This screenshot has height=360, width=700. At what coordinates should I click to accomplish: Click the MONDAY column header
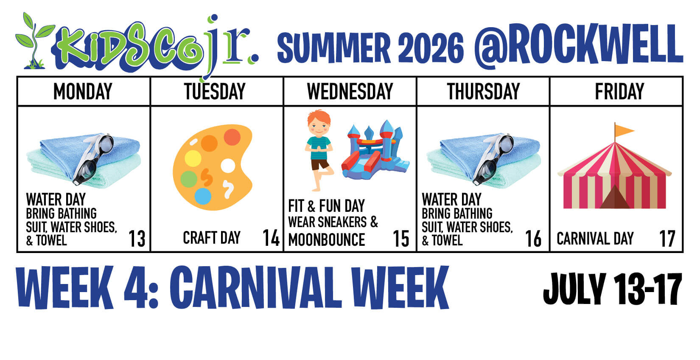83,91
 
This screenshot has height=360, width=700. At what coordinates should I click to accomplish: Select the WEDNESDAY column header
350,91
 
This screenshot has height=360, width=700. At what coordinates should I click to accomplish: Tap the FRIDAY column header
619,91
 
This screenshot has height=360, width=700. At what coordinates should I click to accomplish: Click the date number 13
137,239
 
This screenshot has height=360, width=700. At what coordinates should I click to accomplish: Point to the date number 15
401,239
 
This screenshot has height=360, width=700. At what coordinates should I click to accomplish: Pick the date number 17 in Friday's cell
667,239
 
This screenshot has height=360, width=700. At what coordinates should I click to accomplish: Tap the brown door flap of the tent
615,197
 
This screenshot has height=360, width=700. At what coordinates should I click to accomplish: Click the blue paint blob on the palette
203,196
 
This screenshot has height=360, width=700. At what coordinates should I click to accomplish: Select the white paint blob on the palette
228,166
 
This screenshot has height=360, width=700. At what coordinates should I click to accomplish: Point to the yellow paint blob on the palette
193,158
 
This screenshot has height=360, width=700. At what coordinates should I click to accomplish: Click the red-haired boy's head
319,123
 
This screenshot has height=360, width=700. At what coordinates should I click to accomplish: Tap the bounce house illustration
375,150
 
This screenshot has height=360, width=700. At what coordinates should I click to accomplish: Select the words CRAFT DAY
212,238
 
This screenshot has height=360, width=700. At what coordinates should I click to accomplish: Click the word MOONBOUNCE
327,240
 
